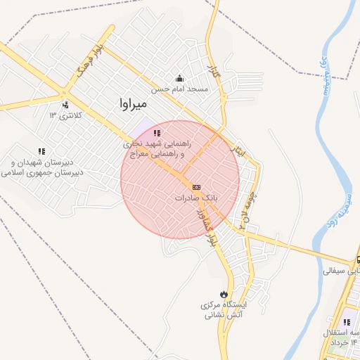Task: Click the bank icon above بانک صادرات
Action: (x=195, y=187)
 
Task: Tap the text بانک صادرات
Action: (x=193, y=198)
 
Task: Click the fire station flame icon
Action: (x=224, y=294)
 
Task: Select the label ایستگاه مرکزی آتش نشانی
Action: (x=223, y=310)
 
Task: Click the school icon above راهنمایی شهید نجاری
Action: (x=157, y=132)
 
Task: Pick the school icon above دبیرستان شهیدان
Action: (x=41, y=151)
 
